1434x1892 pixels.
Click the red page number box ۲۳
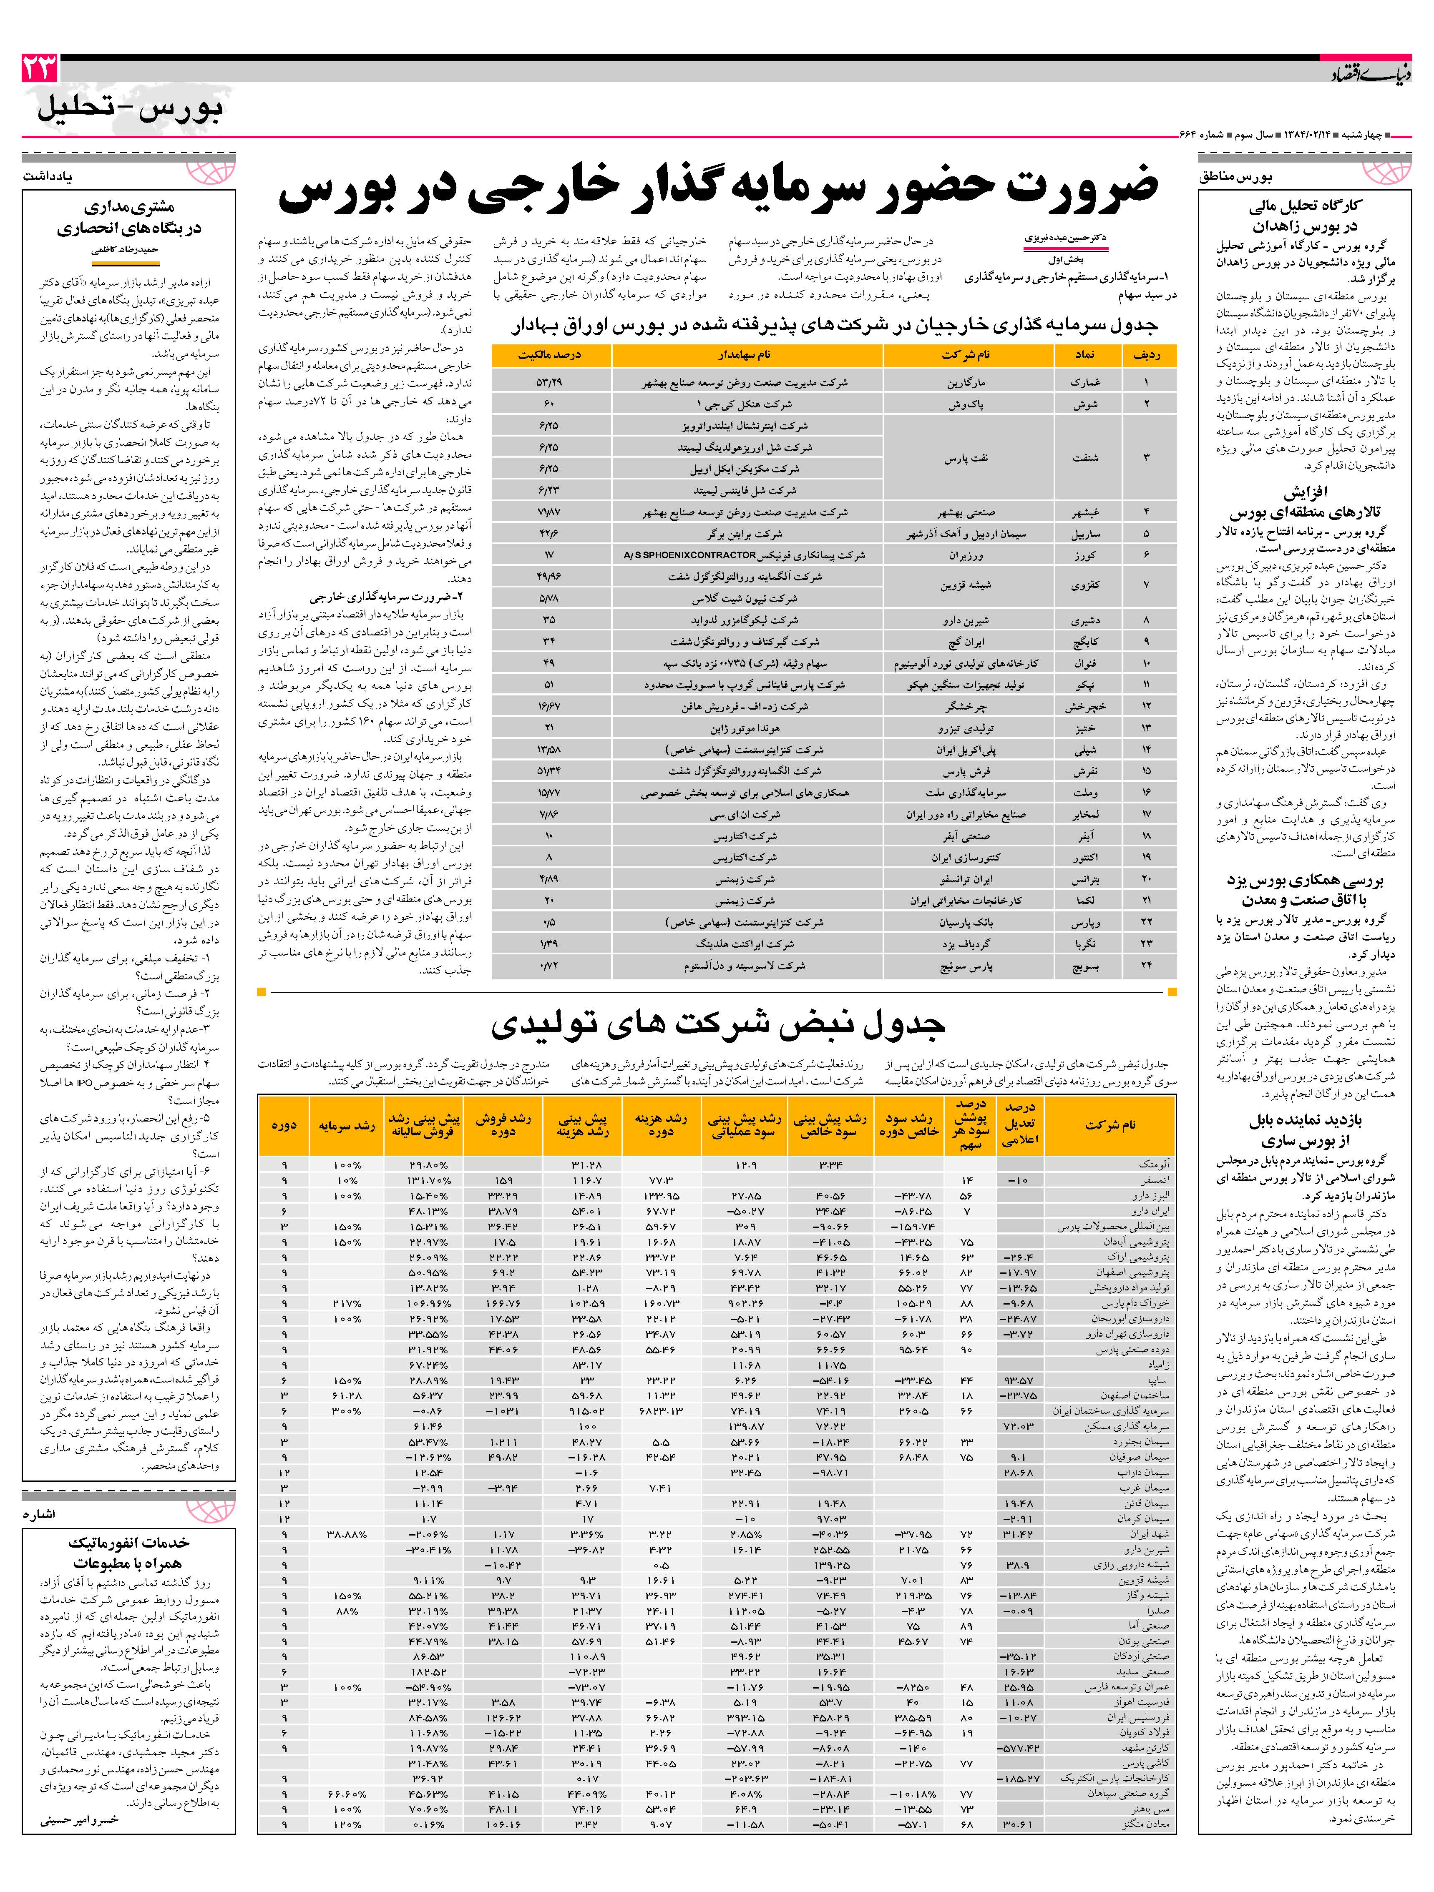point(39,68)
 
